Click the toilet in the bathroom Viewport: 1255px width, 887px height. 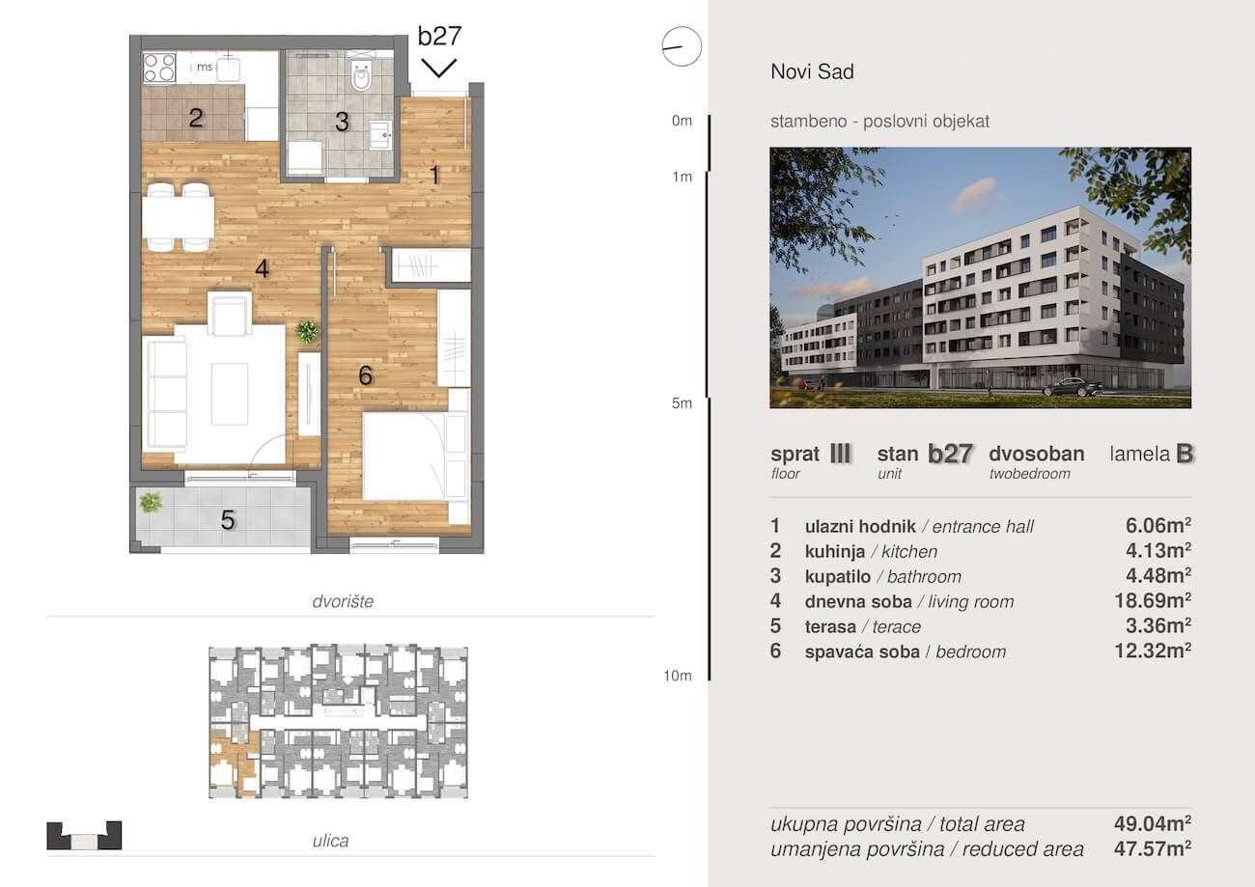point(361,74)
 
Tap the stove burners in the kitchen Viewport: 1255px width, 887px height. point(159,68)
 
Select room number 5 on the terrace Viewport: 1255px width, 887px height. point(228,520)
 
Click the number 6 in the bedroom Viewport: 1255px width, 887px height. point(365,375)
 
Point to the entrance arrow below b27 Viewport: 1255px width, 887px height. point(438,68)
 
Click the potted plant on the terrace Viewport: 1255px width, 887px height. point(151,502)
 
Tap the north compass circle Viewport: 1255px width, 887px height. point(682,46)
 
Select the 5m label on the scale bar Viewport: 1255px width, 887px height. point(682,403)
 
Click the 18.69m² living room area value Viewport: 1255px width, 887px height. point(1153,600)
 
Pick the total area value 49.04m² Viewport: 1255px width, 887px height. point(1153,823)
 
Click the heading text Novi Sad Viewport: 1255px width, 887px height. point(812,71)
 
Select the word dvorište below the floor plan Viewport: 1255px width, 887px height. point(343,601)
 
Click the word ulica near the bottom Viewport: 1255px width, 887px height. point(330,841)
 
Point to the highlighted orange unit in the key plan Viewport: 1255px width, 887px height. point(235,762)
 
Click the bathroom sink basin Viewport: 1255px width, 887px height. point(380,134)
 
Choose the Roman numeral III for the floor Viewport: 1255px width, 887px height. point(840,454)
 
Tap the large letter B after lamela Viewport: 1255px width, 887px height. point(1185,454)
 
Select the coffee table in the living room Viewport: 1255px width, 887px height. point(230,394)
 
